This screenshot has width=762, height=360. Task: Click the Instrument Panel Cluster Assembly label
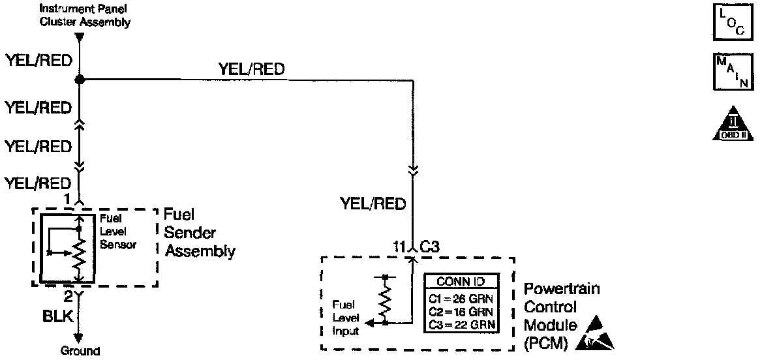point(85,15)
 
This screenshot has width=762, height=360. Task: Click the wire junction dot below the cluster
point(80,80)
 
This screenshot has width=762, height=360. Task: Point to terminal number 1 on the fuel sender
point(67,198)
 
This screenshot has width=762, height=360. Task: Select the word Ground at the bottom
point(80,351)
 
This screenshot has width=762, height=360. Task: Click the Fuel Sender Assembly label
point(198,233)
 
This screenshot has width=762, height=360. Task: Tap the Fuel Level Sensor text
point(117,232)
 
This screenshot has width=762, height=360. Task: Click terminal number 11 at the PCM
point(399,247)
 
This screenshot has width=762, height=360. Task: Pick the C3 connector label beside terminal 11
point(429,247)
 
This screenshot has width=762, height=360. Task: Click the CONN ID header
point(462,282)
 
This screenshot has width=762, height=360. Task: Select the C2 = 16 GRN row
point(462,310)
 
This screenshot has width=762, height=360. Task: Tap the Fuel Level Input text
point(346,317)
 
